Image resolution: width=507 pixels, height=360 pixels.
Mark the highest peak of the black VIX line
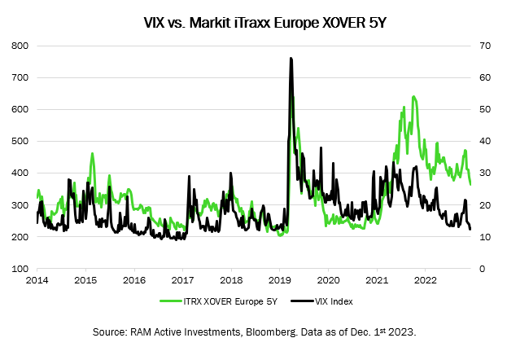[291, 59]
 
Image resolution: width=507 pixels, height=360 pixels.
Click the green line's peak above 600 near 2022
[414, 97]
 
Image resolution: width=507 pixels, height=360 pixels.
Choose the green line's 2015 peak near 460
[92, 153]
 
